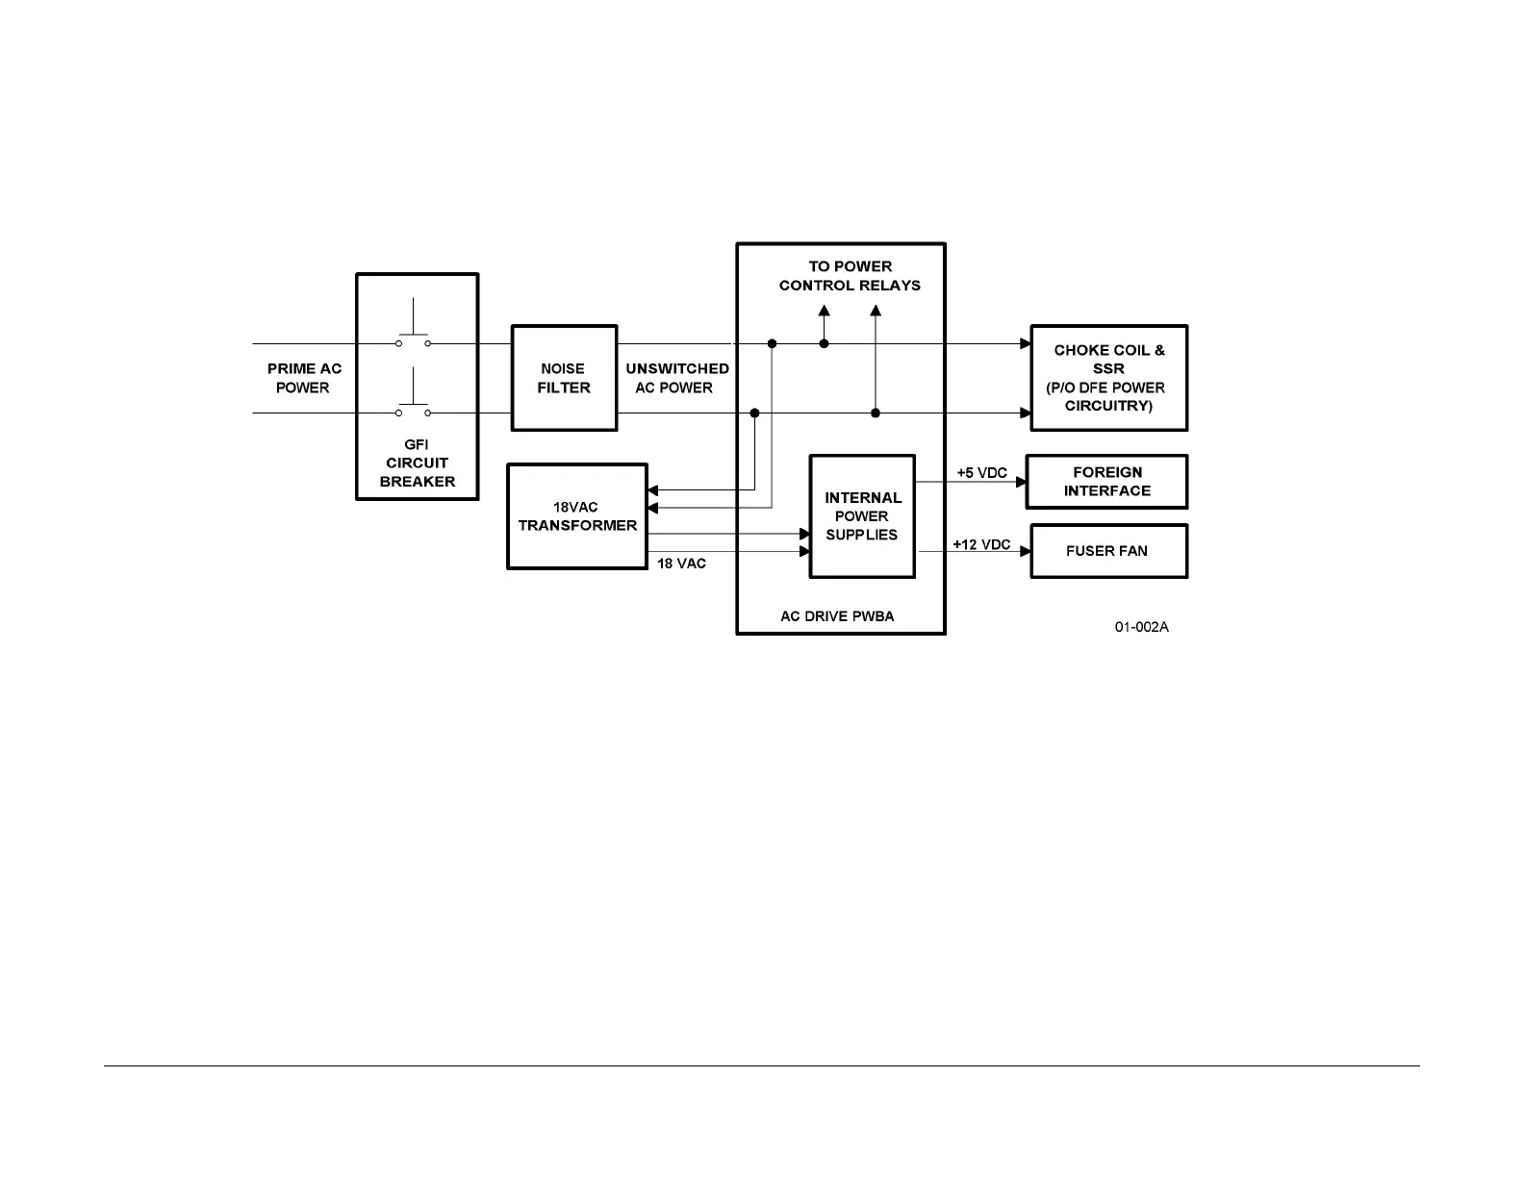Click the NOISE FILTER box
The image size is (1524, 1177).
point(563,378)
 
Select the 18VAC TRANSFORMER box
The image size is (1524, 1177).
point(577,516)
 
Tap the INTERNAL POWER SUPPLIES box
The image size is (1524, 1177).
point(862,516)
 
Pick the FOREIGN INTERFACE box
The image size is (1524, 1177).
point(1107,482)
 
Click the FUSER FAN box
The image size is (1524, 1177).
point(1108,551)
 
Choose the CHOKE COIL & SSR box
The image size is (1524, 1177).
point(1108,378)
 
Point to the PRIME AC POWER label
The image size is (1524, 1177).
point(304,378)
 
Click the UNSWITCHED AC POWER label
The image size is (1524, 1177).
point(676,378)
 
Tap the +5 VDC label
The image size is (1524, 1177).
point(981,473)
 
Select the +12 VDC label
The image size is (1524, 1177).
point(981,544)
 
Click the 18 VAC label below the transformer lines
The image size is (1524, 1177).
point(681,563)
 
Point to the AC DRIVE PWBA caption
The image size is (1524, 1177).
point(837,616)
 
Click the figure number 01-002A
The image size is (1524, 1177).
point(1142,628)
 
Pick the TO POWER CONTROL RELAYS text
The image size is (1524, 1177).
point(850,276)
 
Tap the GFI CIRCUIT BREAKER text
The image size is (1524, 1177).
point(418,463)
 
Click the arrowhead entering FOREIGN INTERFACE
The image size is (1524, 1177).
point(1022,482)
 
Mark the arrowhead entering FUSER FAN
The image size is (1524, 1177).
point(1026,552)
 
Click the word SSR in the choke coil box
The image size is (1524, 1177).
point(1108,368)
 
